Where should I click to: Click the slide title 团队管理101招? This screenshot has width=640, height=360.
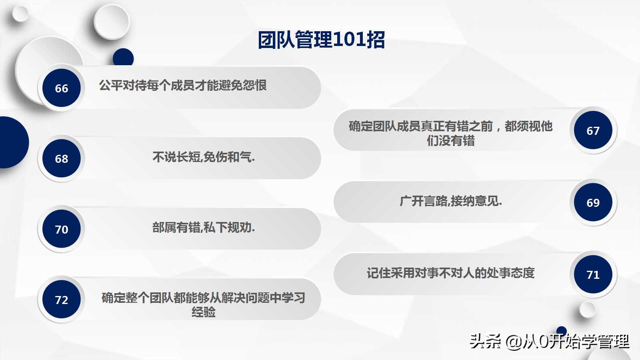click(x=321, y=40)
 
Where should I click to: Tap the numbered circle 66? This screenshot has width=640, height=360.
click(x=62, y=88)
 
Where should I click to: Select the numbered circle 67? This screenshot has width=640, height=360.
click(x=593, y=130)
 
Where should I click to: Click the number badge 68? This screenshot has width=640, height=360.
click(x=62, y=158)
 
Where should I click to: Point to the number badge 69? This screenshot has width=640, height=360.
click(x=593, y=202)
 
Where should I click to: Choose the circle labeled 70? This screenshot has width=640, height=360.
click(x=62, y=229)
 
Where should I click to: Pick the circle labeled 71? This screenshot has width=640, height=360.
click(x=593, y=274)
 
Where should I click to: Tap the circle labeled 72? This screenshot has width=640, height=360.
click(x=62, y=300)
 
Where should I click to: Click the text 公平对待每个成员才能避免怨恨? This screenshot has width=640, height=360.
click(x=183, y=85)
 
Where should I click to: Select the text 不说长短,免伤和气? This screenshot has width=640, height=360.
click(x=203, y=157)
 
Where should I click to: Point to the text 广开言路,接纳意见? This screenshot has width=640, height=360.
click(x=450, y=201)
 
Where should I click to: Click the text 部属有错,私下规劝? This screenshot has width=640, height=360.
click(x=203, y=228)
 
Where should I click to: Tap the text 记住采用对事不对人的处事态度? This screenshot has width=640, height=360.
click(x=450, y=273)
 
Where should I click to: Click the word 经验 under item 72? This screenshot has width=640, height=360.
click(x=203, y=312)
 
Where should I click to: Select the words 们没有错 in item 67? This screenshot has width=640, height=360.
click(x=450, y=141)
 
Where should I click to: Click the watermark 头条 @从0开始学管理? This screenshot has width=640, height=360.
click(x=549, y=341)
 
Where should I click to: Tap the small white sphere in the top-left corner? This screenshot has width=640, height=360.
click(x=20, y=14)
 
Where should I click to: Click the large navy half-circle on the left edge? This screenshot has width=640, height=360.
click(x=12, y=142)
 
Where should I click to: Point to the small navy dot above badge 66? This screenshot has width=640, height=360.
click(x=123, y=57)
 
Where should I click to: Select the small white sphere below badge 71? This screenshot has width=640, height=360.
click(x=587, y=310)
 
